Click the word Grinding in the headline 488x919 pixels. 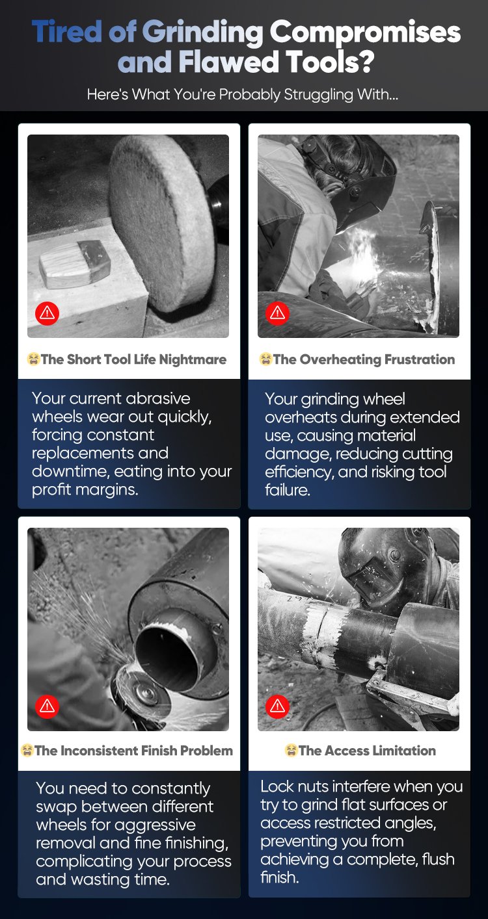click(202, 32)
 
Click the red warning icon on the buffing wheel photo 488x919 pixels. click(47, 313)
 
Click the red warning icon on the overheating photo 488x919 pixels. click(277, 313)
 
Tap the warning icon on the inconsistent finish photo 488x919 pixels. click(47, 706)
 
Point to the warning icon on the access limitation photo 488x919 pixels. click(277, 706)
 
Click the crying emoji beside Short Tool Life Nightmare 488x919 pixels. click(33, 359)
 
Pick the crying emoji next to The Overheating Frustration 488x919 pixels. click(265, 359)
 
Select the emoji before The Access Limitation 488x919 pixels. click(291, 751)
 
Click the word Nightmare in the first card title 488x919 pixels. click(193, 360)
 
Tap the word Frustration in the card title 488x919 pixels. click(420, 359)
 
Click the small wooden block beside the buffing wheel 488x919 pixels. click(75, 263)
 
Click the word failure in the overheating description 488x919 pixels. click(287, 490)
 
